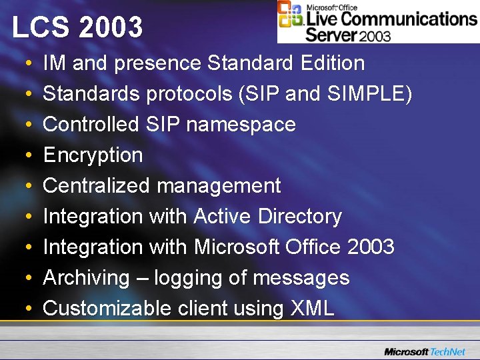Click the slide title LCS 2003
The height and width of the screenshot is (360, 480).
[x=77, y=27]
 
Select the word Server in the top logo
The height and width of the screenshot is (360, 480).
[x=331, y=33]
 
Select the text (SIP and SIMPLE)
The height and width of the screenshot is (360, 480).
[x=324, y=95]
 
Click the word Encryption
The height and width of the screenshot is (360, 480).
[x=93, y=156]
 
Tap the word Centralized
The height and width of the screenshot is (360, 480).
[x=91, y=186]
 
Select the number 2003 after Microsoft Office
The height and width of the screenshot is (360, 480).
[x=371, y=247]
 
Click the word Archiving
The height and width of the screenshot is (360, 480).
[x=86, y=279]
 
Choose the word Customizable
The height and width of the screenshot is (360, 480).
[x=107, y=309]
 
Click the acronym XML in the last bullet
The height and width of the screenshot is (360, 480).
[x=312, y=309]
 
